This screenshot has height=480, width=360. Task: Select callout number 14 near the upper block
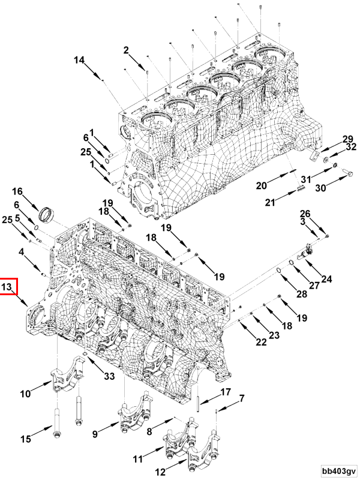point(80,59)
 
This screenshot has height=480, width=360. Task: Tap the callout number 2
point(127,50)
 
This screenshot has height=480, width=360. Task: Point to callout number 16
point(18,191)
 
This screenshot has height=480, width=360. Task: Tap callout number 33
point(109,376)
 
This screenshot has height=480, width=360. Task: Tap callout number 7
point(242,398)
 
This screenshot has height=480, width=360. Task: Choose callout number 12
point(160,472)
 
